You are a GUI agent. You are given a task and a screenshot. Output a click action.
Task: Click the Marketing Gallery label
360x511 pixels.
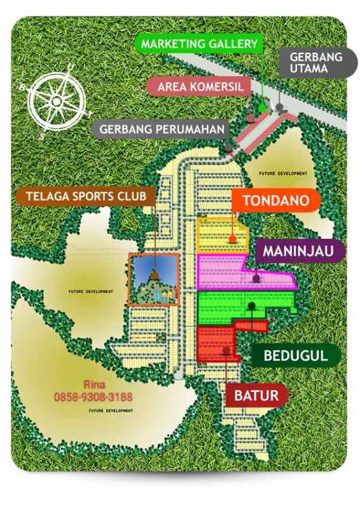coord(199,44)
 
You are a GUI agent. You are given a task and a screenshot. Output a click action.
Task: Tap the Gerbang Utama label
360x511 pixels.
coord(316,62)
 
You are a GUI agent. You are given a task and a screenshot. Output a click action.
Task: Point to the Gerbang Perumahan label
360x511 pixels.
coord(162,130)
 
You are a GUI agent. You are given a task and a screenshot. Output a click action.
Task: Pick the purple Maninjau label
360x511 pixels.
coord(301,252)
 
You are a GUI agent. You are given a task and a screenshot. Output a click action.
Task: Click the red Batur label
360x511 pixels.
coord(256,396)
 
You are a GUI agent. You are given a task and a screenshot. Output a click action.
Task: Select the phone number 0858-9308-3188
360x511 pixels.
coord(93,397)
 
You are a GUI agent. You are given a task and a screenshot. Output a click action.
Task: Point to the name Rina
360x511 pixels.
coord(93,385)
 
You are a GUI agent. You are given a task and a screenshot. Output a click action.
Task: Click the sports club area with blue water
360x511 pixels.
coord(153,280)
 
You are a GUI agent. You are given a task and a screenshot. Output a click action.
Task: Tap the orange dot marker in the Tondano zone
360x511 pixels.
coord(233,240)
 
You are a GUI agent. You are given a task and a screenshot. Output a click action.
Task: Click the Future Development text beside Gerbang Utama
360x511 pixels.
coord(282,173)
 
